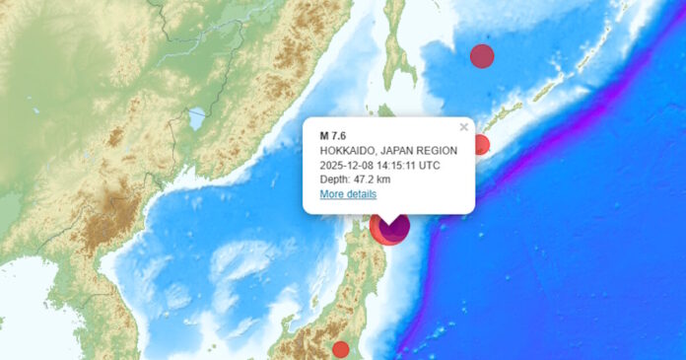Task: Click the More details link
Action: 347,194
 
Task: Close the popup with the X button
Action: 464,126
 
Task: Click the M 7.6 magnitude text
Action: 333,135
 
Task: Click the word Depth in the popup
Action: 335,180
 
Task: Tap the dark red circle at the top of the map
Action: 482,56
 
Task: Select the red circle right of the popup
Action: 480,145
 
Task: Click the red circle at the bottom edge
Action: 340,349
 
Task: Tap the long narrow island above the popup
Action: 398,59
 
